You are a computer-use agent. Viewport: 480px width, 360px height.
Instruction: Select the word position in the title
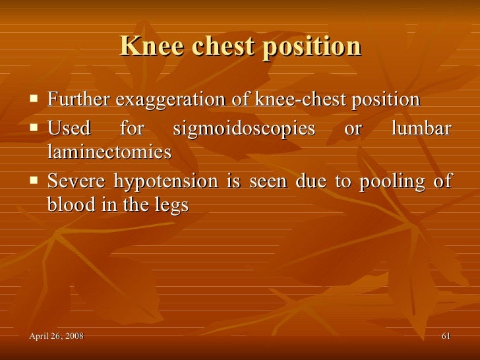[x=314, y=46]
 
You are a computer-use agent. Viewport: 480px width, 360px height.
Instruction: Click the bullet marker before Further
[x=34, y=100]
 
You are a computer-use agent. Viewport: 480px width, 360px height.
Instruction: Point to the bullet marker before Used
[x=34, y=127]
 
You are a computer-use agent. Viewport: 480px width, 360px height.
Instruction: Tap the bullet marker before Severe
[x=34, y=180]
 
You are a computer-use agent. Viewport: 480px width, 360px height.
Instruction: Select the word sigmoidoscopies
[x=243, y=128]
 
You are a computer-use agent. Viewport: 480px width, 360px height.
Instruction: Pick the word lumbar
[x=421, y=128]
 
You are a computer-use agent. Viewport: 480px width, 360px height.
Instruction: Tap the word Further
[x=79, y=100]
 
